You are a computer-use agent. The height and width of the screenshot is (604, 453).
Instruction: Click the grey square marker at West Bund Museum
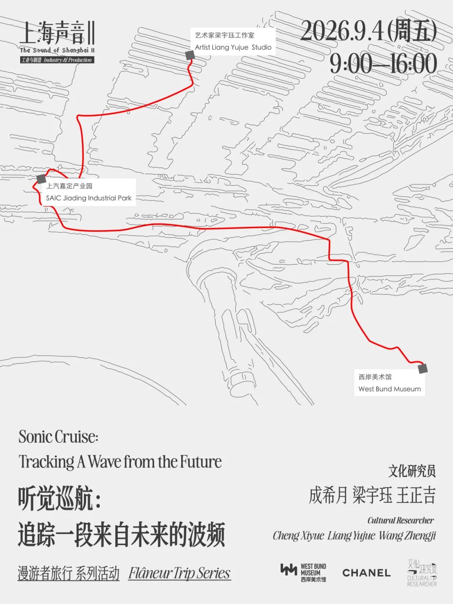pyautogui.click(x=423, y=368)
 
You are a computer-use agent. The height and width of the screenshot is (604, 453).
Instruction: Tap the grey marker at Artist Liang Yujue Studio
pyautogui.click(x=190, y=55)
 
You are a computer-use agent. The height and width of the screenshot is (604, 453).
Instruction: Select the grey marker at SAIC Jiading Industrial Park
pyautogui.click(x=41, y=179)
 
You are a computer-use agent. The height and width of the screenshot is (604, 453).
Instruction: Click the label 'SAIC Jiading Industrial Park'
pyautogui.click(x=89, y=198)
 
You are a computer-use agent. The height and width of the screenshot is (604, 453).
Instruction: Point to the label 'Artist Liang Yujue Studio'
pyautogui.click(x=233, y=47)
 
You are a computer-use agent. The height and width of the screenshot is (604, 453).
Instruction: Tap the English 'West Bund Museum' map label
pyautogui.click(x=390, y=389)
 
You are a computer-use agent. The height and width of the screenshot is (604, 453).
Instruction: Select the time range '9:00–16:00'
pyautogui.click(x=383, y=64)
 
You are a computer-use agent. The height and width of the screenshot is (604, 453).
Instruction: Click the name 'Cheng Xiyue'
pyautogui.click(x=298, y=536)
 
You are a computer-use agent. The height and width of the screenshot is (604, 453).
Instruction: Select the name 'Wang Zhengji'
pyautogui.click(x=407, y=536)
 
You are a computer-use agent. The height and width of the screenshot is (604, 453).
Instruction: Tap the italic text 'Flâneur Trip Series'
pyautogui.click(x=180, y=573)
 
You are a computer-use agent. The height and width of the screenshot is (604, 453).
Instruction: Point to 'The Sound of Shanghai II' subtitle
pyautogui.click(x=57, y=50)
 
